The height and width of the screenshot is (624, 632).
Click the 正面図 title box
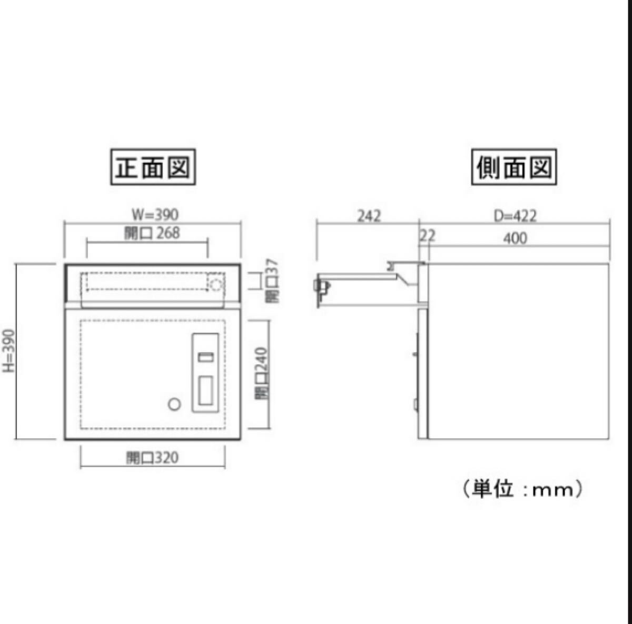[x=153, y=167]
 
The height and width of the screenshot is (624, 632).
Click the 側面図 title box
[x=513, y=167]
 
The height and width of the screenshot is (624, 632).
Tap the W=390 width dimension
[x=155, y=214]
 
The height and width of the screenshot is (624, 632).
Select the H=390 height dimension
[x=9, y=351]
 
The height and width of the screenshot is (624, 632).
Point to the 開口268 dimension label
[x=152, y=233]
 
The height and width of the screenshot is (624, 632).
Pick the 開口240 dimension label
[x=262, y=372]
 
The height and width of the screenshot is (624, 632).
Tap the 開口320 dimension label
[x=152, y=458]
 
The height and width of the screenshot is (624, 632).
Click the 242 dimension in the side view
[x=369, y=216]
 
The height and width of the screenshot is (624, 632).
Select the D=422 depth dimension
[x=515, y=216]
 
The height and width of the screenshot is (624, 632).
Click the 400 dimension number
[x=515, y=238]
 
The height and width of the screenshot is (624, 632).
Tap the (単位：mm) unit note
[x=523, y=489]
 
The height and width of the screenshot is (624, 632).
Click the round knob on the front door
[x=174, y=404]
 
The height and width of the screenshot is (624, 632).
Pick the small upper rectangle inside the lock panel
[x=206, y=358]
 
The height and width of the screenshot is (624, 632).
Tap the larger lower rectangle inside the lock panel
[x=205, y=391]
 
